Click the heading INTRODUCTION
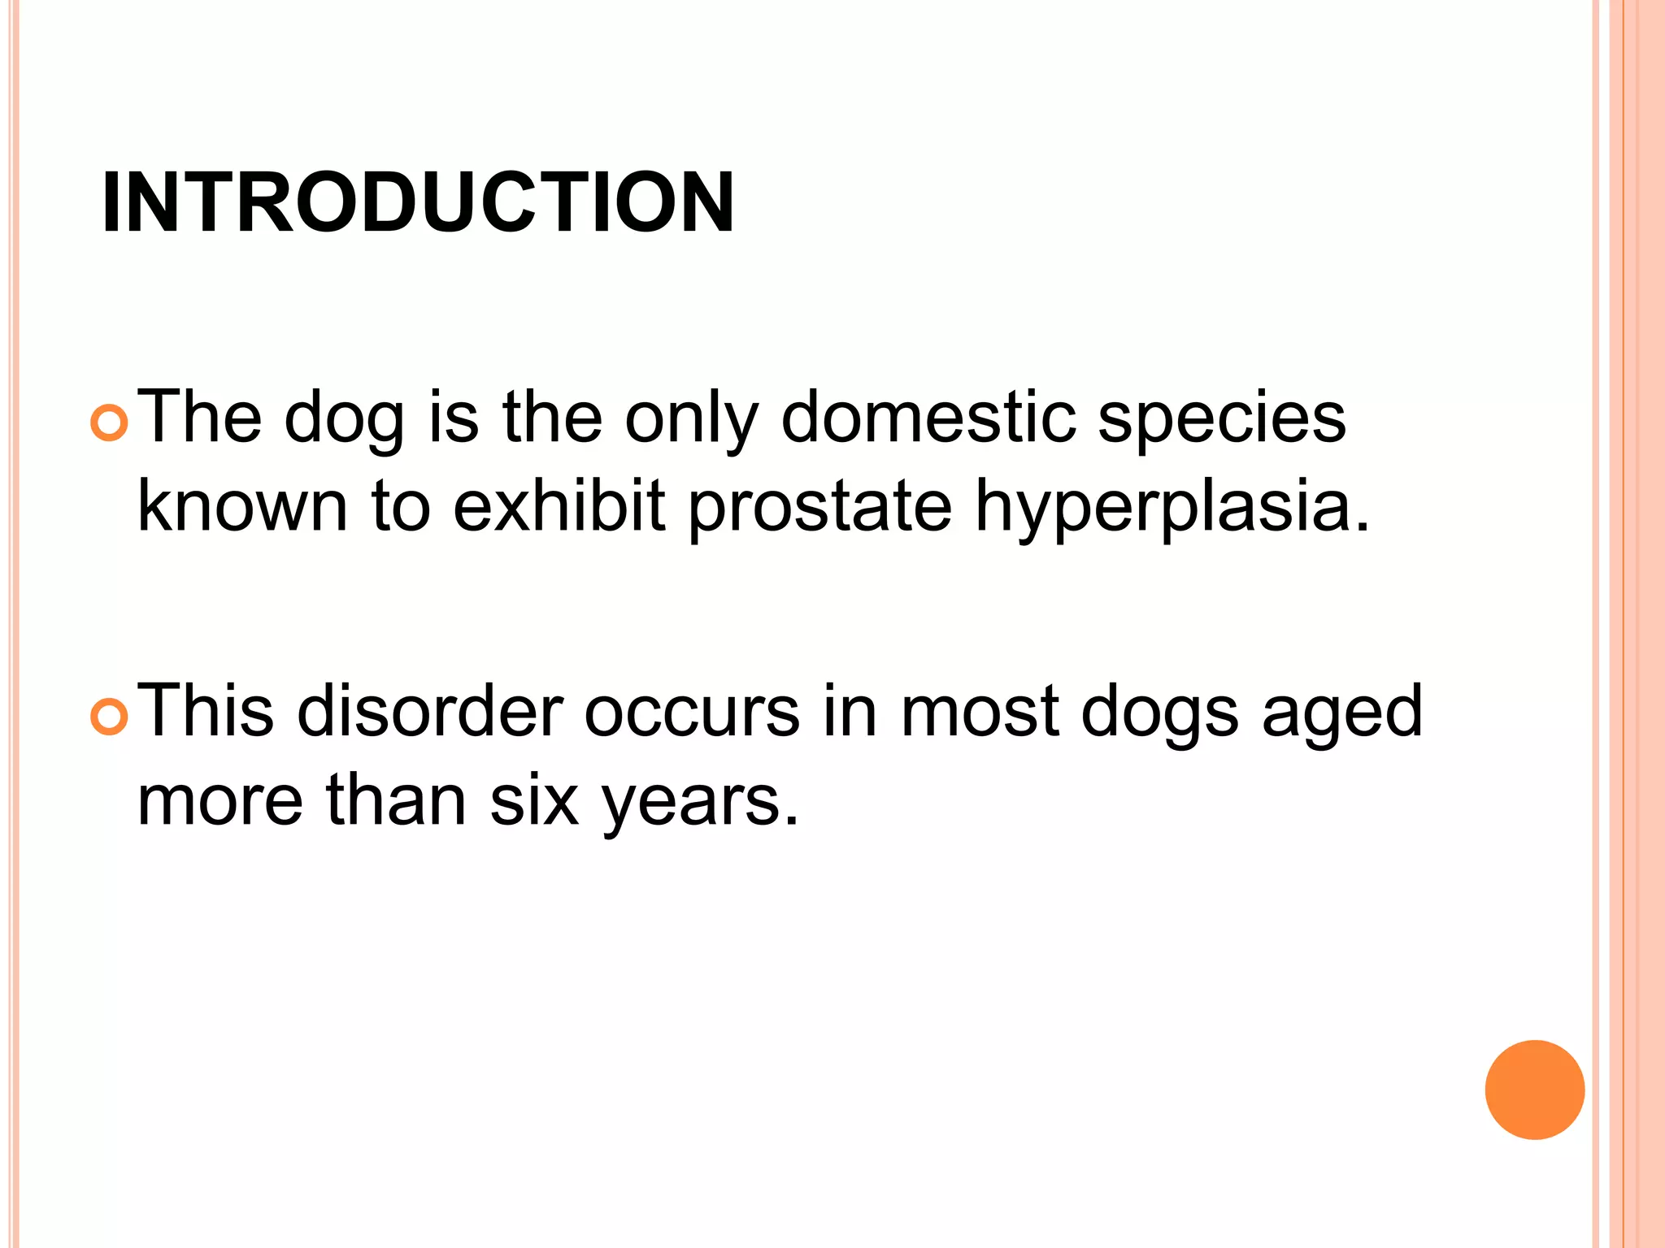tap(418, 203)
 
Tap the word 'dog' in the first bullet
tap(344, 419)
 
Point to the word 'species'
tap(1221, 419)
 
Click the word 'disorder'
tap(429, 712)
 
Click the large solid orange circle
tap(1534, 1090)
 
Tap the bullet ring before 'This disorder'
tap(109, 717)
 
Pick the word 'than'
tap(396, 800)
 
